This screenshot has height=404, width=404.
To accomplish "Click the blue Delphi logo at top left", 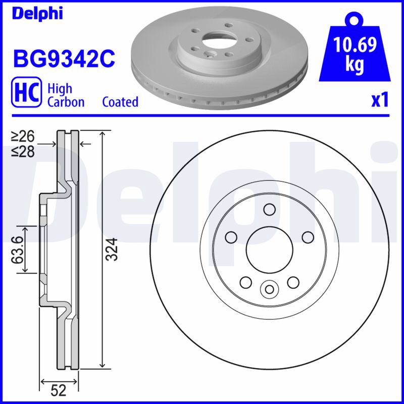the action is click(x=37, y=13).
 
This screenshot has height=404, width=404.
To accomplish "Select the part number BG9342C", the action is click(x=64, y=59).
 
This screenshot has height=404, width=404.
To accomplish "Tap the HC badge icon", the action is click(x=26, y=92).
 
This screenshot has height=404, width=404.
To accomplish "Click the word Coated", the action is click(x=120, y=102).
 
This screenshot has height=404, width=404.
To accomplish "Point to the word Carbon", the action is click(x=66, y=102).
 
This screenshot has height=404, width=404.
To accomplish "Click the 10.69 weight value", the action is click(x=355, y=44).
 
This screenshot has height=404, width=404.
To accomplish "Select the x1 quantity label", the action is click(x=380, y=100).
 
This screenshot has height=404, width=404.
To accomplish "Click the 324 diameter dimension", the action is click(x=112, y=249).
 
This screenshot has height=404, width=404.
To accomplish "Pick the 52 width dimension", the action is click(x=59, y=390).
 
